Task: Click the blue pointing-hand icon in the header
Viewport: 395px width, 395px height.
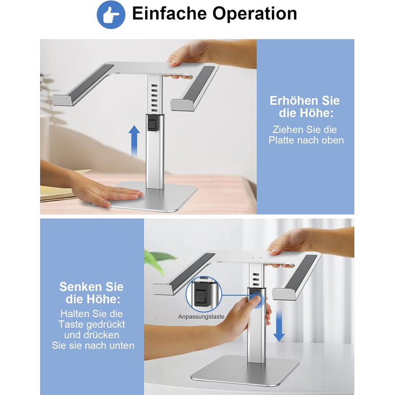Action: point(111,15)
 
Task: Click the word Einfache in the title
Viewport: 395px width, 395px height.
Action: point(169,14)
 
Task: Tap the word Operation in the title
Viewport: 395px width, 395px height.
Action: point(254,14)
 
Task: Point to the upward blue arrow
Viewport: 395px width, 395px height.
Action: point(134,141)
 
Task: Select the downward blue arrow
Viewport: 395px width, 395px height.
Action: point(279,326)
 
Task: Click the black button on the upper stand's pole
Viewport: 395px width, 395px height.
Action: point(153,124)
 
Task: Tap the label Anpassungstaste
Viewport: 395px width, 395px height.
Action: point(201,317)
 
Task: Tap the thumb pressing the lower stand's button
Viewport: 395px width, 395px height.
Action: point(255,300)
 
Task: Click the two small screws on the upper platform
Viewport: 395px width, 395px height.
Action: point(155,68)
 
